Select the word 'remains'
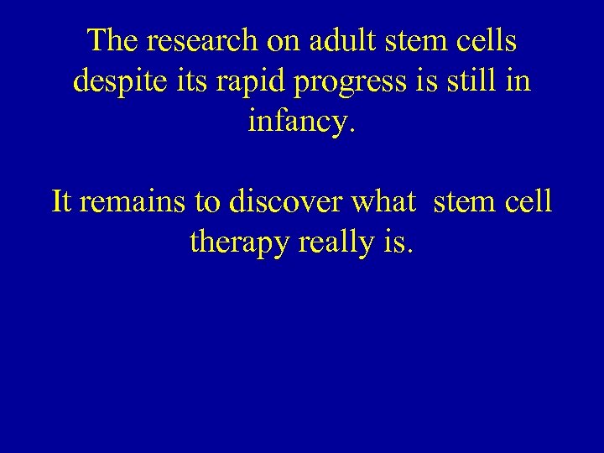pos(130,202)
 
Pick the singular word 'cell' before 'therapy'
pos(528,201)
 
